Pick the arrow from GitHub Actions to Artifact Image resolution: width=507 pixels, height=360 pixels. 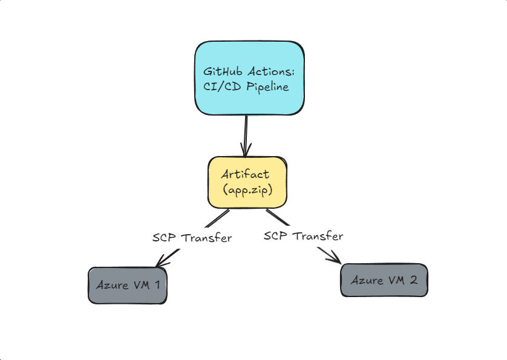coord(246,133)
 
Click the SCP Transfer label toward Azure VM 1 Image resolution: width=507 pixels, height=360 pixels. coord(192,238)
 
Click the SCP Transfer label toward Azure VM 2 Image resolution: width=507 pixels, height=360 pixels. coord(304,235)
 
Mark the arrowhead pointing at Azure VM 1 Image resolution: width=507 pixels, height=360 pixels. coord(160,263)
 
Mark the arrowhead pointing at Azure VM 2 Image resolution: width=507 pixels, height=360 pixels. coord(335,259)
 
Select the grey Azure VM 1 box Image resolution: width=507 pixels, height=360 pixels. coord(127,285)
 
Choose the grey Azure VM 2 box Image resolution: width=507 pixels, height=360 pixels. coord(384,280)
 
